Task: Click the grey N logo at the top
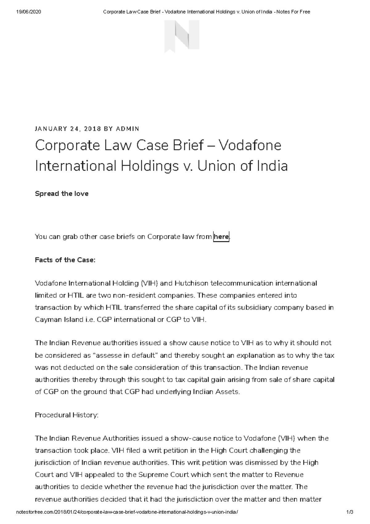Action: (182, 36)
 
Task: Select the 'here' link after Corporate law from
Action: (221, 237)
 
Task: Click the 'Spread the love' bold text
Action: (62, 194)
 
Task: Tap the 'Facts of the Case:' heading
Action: (65, 260)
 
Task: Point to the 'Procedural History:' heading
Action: (67, 415)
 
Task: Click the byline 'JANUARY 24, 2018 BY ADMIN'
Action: (87, 129)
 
